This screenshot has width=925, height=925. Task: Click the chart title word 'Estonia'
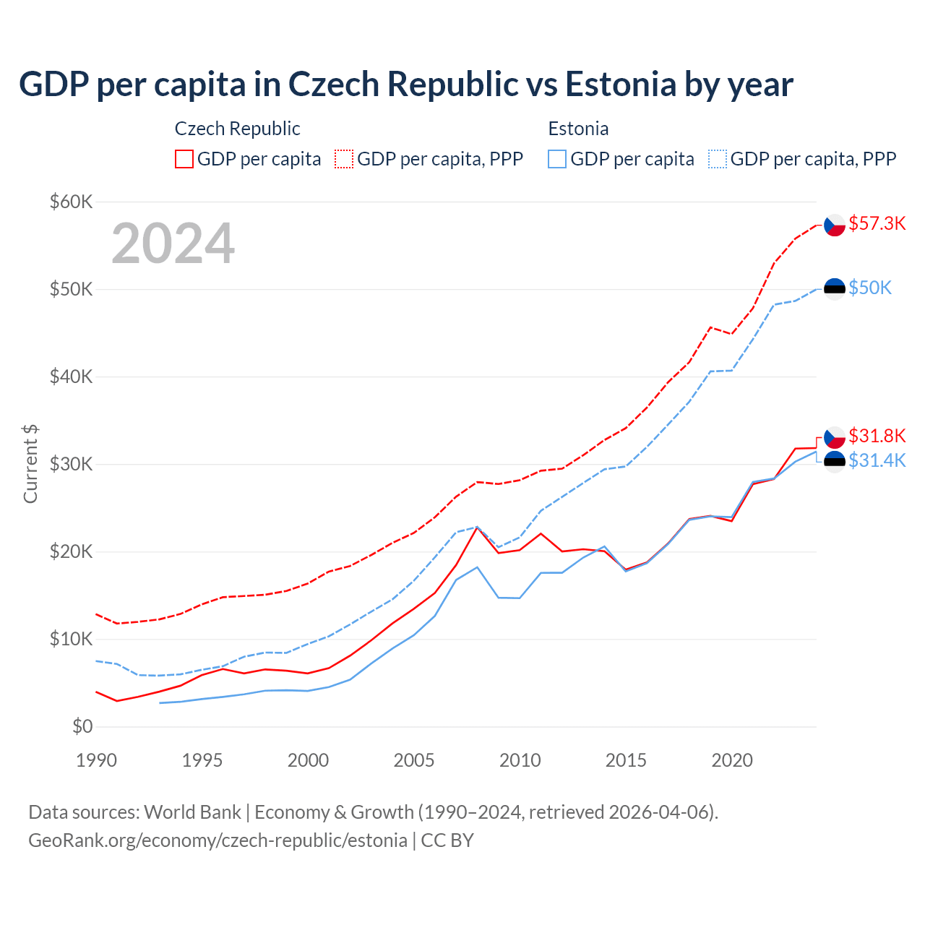(621, 85)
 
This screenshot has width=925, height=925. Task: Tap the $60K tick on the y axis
(71, 202)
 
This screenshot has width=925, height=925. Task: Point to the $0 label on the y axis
(82, 726)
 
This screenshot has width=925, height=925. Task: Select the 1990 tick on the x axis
(96, 760)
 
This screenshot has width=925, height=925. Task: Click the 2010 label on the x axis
(520, 760)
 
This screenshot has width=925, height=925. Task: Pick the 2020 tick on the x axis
(732, 760)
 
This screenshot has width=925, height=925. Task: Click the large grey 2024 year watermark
(173, 244)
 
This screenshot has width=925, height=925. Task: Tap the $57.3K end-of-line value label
(877, 223)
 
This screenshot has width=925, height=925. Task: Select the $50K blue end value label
(870, 288)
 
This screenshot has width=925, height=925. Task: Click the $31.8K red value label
(877, 436)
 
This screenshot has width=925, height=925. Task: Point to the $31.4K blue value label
(877, 460)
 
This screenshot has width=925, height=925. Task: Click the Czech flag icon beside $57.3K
(835, 225)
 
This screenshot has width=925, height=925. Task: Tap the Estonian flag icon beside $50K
(835, 289)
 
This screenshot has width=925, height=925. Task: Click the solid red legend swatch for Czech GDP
(184, 159)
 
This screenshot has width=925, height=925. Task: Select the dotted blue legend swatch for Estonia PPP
(718, 159)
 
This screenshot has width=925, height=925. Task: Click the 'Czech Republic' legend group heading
(237, 129)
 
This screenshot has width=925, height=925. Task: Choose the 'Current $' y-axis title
(30, 464)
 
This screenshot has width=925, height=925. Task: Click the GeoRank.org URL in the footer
(218, 840)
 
